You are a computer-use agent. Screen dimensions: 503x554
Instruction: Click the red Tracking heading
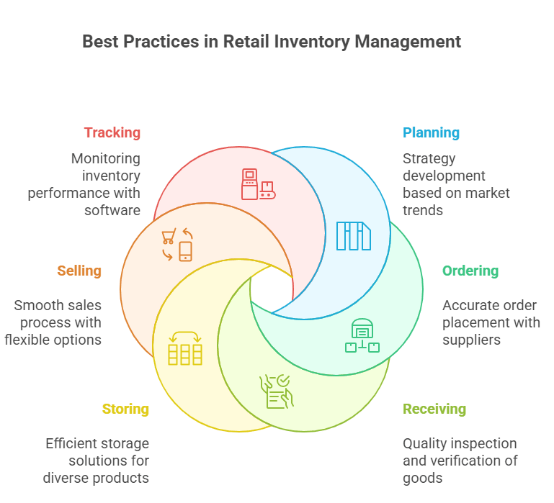coord(112,132)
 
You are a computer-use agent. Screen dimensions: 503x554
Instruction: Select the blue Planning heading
coord(431,132)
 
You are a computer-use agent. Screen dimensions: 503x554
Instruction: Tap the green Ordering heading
coord(470,271)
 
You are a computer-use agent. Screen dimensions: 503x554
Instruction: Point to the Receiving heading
coord(434,409)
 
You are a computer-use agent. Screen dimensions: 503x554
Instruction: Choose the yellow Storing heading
coord(125,409)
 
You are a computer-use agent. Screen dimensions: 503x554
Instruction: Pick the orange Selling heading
coord(79,271)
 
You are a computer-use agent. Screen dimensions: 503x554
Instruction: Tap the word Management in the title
coord(407,41)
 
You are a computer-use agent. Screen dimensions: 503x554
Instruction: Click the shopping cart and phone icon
coord(177,245)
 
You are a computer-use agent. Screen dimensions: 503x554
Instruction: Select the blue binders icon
coord(354,235)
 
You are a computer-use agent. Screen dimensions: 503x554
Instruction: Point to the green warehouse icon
coord(362,335)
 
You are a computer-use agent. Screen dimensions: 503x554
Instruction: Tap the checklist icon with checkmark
coord(277,391)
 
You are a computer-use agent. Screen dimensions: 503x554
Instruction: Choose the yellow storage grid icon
coord(184,348)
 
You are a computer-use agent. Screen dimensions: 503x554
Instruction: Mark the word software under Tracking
coord(112,210)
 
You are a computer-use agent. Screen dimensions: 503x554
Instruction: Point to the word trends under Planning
coord(424,210)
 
